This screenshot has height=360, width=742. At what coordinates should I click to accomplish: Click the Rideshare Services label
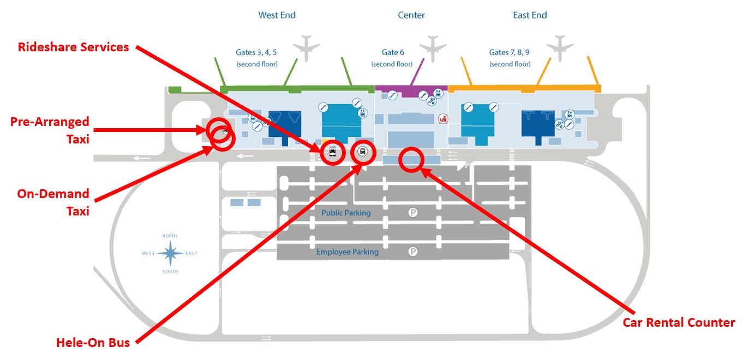74,47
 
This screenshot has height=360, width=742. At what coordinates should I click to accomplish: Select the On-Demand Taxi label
53,202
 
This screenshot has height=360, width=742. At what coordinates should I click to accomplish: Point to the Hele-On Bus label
93,343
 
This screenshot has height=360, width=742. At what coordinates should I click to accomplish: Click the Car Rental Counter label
679,322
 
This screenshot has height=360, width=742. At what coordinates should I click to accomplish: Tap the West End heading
277,15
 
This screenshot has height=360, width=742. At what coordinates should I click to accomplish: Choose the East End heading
530,15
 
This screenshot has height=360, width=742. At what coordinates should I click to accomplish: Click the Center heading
411,15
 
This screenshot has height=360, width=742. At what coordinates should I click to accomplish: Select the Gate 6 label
393,52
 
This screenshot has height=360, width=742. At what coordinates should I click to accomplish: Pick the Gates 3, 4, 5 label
256,52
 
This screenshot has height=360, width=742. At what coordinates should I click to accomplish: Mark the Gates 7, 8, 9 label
510,52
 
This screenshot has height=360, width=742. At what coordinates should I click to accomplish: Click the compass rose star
170,254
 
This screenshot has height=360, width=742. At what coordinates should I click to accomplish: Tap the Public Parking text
346,213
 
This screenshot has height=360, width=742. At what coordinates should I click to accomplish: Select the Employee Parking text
348,252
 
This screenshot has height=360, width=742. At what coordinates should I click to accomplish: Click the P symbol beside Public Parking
413,212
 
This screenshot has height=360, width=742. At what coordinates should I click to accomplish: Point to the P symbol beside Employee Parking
413,251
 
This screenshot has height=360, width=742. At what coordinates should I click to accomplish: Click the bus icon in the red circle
363,152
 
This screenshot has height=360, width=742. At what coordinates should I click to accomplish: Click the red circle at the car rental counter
411,159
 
